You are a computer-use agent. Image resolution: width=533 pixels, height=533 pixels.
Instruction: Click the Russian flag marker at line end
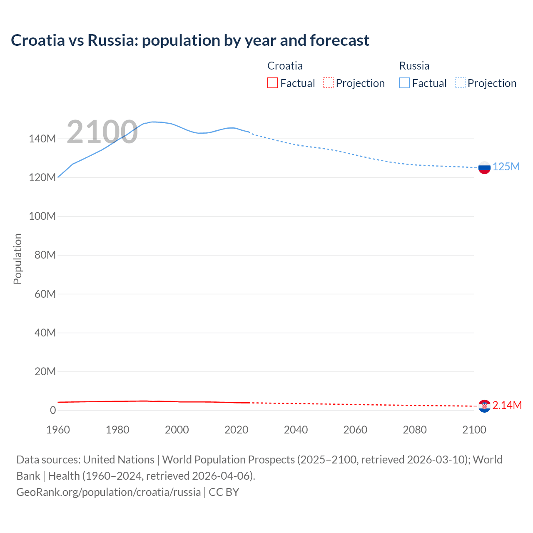point(484,167)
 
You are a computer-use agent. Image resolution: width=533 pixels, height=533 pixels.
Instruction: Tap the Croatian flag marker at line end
point(484,406)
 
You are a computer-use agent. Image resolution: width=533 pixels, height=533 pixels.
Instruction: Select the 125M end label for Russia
point(506,167)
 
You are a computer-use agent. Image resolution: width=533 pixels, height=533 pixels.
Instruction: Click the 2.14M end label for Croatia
point(507,405)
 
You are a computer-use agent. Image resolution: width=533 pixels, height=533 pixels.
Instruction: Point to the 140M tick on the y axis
point(42,139)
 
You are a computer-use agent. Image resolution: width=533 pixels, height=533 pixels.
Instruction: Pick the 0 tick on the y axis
point(52,410)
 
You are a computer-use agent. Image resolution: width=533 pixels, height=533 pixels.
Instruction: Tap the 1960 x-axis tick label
point(58,430)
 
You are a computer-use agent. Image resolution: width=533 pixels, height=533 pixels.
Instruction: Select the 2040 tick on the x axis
point(296,430)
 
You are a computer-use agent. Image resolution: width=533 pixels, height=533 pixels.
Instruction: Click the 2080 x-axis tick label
point(414,430)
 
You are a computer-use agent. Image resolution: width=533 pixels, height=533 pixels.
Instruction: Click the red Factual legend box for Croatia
point(272,83)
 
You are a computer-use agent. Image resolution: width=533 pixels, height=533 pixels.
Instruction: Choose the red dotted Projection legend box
point(328,83)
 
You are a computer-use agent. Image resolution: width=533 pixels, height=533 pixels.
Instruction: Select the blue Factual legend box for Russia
point(404,83)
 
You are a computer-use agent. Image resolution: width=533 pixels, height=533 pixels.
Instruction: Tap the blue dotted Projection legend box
point(460,83)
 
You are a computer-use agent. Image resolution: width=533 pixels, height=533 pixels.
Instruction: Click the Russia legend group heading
point(414,66)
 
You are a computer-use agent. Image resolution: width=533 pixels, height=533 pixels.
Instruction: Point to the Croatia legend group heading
point(285,66)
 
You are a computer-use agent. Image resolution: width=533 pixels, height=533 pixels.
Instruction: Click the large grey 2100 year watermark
point(102,132)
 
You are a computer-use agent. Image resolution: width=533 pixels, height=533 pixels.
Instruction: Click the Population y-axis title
point(17,259)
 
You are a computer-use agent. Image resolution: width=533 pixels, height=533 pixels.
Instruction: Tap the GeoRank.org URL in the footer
point(108,492)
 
